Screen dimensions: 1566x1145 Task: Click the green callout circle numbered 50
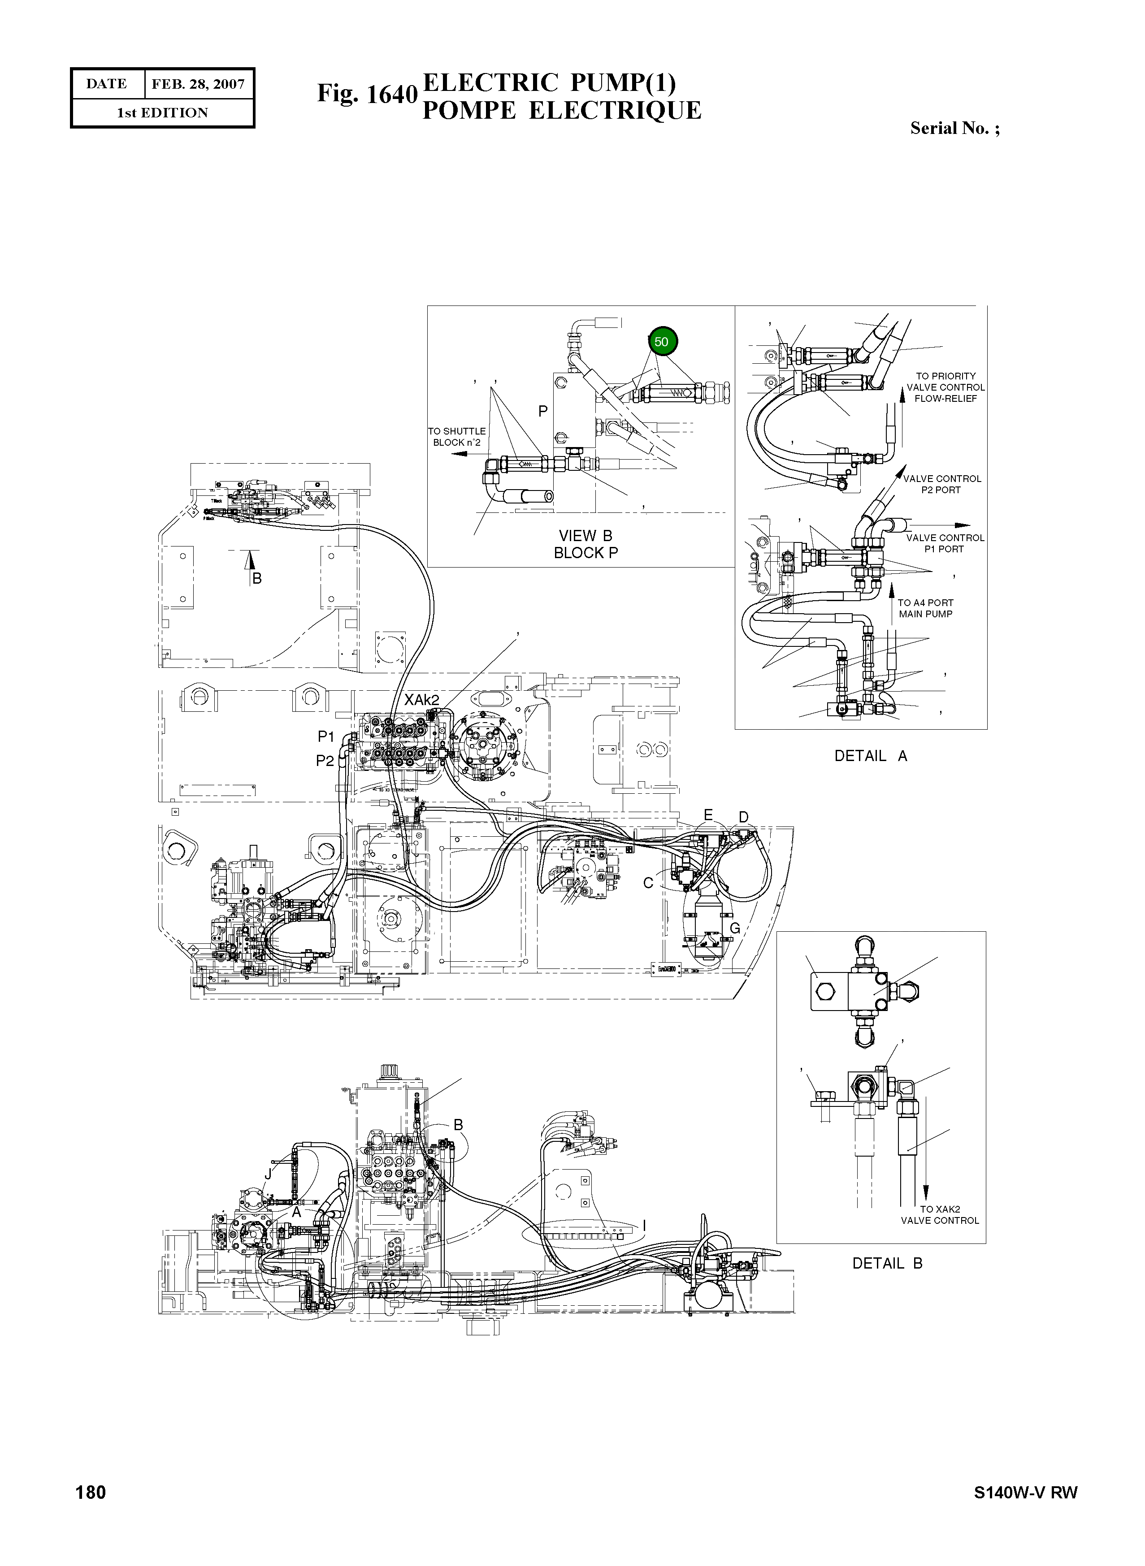[x=661, y=341]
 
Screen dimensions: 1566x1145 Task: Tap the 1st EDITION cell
[x=162, y=113]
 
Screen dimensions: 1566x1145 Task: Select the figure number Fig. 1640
[x=367, y=94]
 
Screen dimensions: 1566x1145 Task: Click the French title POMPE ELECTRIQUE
[x=561, y=111]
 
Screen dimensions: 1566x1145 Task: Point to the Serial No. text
[x=954, y=128]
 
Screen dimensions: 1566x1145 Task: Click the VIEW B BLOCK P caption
[x=586, y=544]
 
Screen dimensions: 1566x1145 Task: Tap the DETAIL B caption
[x=887, y=1263]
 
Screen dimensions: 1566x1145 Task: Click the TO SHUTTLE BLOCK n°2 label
[x=457, y=436]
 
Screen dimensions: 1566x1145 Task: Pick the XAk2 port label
[x=421, y=700]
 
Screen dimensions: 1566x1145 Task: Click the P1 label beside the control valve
[x=326, y=736]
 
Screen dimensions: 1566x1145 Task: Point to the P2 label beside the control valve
[x=325, y=761]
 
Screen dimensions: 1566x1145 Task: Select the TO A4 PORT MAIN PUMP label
[x=925, y=608]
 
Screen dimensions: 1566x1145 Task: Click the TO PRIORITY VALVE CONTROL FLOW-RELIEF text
[x=945, y=387]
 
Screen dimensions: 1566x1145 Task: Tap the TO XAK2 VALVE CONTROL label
[x=940, y=1215]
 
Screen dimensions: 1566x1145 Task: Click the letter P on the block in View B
[x=543, y=411]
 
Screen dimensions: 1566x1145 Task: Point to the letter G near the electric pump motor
[x=735, y=929]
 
